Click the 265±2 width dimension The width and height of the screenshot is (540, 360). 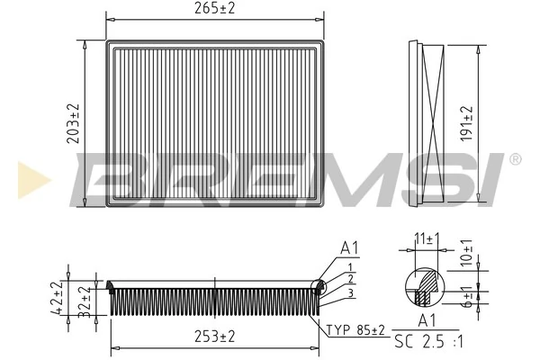tap(214, 8)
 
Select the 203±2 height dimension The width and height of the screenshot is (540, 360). tap(74, 122)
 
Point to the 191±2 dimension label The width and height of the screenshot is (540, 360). tap(466, 122)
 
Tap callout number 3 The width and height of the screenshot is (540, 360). tap(348, 293)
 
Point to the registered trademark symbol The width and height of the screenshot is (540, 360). tap(515, 160)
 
